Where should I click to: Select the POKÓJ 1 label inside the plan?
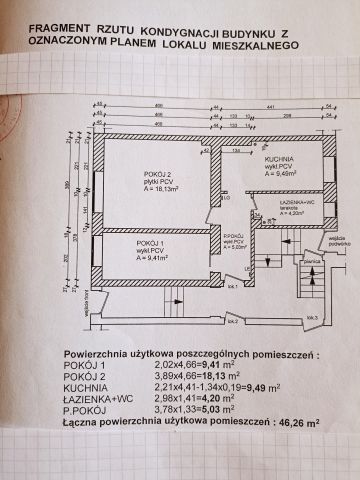tap(152, 242)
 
